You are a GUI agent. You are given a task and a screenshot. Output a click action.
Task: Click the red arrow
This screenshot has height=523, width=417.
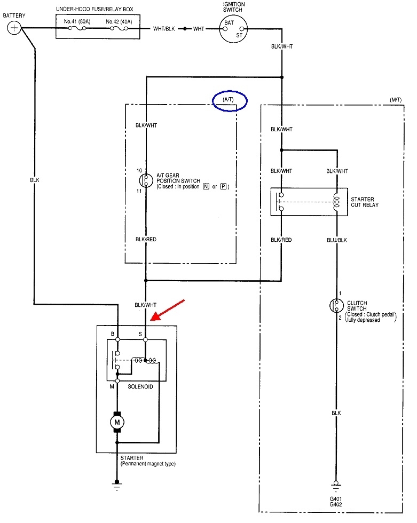point(167,310)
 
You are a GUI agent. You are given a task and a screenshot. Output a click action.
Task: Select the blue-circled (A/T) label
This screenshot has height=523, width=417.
point(230,100)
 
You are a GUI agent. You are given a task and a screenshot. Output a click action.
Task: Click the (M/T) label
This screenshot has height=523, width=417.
point(396,100)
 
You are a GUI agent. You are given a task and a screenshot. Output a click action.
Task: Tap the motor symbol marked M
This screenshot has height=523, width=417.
point(117,423)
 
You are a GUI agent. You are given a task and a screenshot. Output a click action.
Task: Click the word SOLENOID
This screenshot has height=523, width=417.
point(140,386)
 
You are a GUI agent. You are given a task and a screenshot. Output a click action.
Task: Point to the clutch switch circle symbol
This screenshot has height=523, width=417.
point(336,306)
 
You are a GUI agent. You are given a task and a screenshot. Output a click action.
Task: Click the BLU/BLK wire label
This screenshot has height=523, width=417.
point(336,240)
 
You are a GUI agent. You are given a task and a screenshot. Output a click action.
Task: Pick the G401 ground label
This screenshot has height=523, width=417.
point(336,499)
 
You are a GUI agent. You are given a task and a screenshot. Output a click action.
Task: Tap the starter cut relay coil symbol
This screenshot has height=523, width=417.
point(336,201)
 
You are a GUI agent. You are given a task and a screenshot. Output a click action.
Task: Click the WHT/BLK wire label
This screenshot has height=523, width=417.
point(164,28)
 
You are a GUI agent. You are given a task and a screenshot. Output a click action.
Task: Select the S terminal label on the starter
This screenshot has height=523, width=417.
point(140,334)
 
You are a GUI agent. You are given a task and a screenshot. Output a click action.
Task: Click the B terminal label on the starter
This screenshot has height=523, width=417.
point(112,334)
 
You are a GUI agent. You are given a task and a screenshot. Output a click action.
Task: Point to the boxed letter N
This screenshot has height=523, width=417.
point(204,187)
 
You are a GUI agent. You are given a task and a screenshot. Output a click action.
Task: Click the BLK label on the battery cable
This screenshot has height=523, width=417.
point(35,180)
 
